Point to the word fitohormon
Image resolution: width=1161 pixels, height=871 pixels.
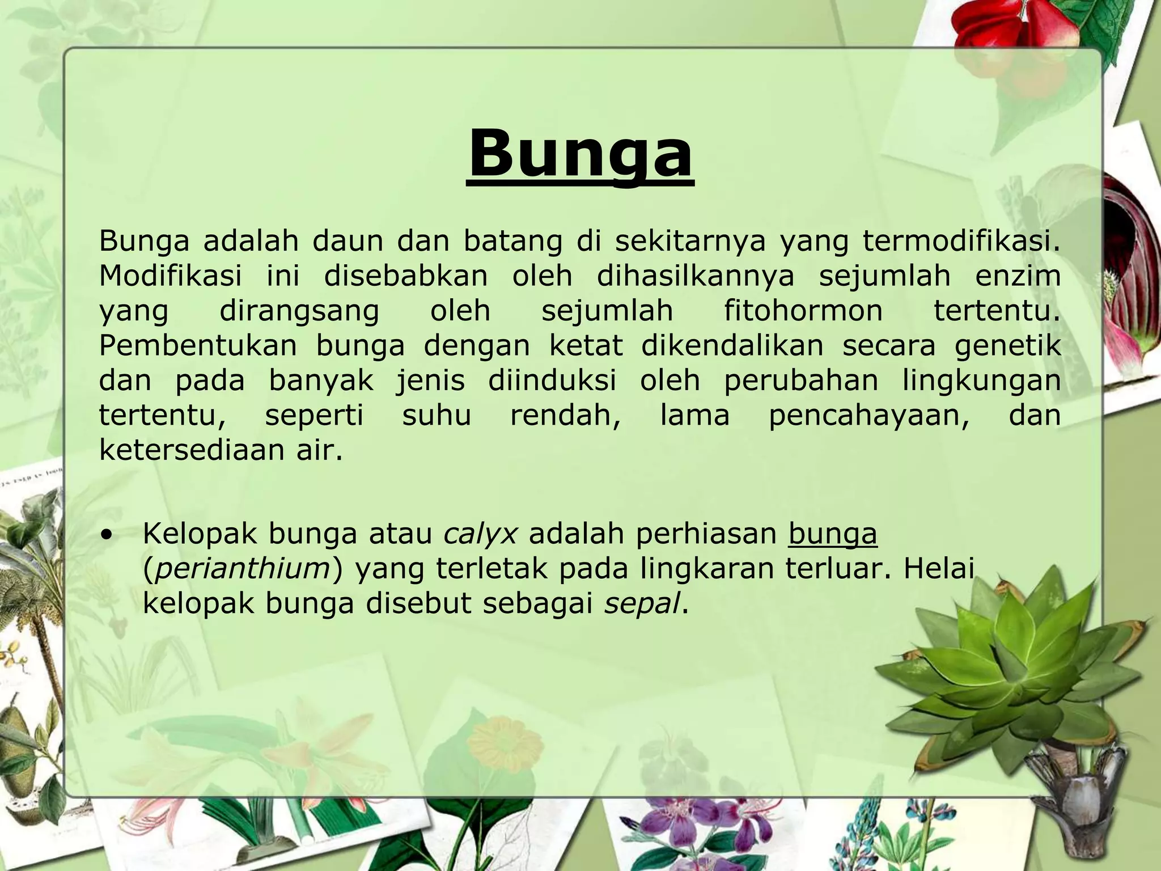pyautogui.click(x=803, y=311)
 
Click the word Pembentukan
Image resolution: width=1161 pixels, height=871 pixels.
pyautogui.click(x=198, y=345)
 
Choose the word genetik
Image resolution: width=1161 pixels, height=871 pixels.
pyautogui.click(x=1007, y=346)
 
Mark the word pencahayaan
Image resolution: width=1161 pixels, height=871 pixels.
pyautogui.click(x=868, y=415)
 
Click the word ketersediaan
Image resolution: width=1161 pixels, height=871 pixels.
pyautogui.click(x=189, y=450)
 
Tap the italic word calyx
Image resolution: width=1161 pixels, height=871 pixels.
pyautogui.click(x=480, y=534)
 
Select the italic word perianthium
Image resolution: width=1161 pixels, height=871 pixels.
pyautogui.click(x=243, y=569)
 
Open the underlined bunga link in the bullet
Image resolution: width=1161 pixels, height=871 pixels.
pyautogui.click(x=832, y=534)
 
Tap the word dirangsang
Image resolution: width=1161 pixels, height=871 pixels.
pyautogui.click(x=299, y=311)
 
